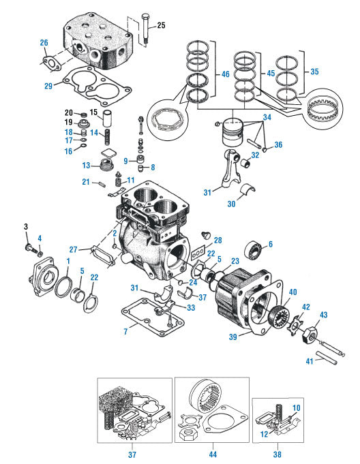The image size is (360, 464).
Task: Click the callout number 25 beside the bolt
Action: pyautogui.click(x=161, y=26)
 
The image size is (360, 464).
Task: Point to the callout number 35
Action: pyautogui.click(x=314, y=70)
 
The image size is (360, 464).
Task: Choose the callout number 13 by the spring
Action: pyautogui.click(x=87, y=165)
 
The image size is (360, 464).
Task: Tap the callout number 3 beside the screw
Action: pyautogui.click(x=26, y=226)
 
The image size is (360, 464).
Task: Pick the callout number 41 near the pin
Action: pyautogui.click(x=308, y=361)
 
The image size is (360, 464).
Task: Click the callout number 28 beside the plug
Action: pyautogui.click(x=217, y=240)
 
